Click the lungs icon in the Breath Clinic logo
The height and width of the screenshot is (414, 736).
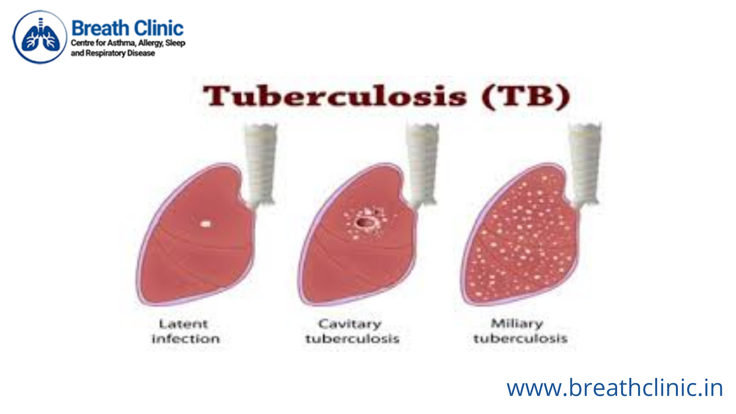[x=40, y=37]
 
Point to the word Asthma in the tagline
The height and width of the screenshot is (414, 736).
[x=121, y=43]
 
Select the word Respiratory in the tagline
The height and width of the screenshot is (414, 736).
[x=106, y=53]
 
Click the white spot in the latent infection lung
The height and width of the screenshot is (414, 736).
[x=205, y=224]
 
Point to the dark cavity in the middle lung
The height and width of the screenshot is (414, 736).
[x=365, y=222]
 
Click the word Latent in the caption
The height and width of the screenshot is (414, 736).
[x=184, y=324]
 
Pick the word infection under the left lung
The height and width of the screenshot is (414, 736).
[x=185, y=339]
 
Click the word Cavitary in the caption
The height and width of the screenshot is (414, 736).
[x=350, y=324]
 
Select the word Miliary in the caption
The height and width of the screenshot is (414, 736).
[x=517, y=324]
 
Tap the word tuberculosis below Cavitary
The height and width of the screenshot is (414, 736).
[x=352, y=339]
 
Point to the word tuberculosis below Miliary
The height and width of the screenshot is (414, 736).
[x=520, y=339]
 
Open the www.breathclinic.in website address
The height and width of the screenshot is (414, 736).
[x=615, y=388]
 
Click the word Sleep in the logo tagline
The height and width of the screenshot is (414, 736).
[x=175, y=43]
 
